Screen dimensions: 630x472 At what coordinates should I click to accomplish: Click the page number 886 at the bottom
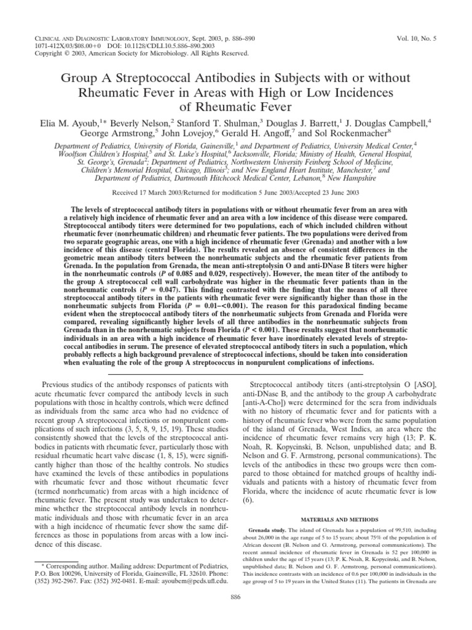click(235, 615)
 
